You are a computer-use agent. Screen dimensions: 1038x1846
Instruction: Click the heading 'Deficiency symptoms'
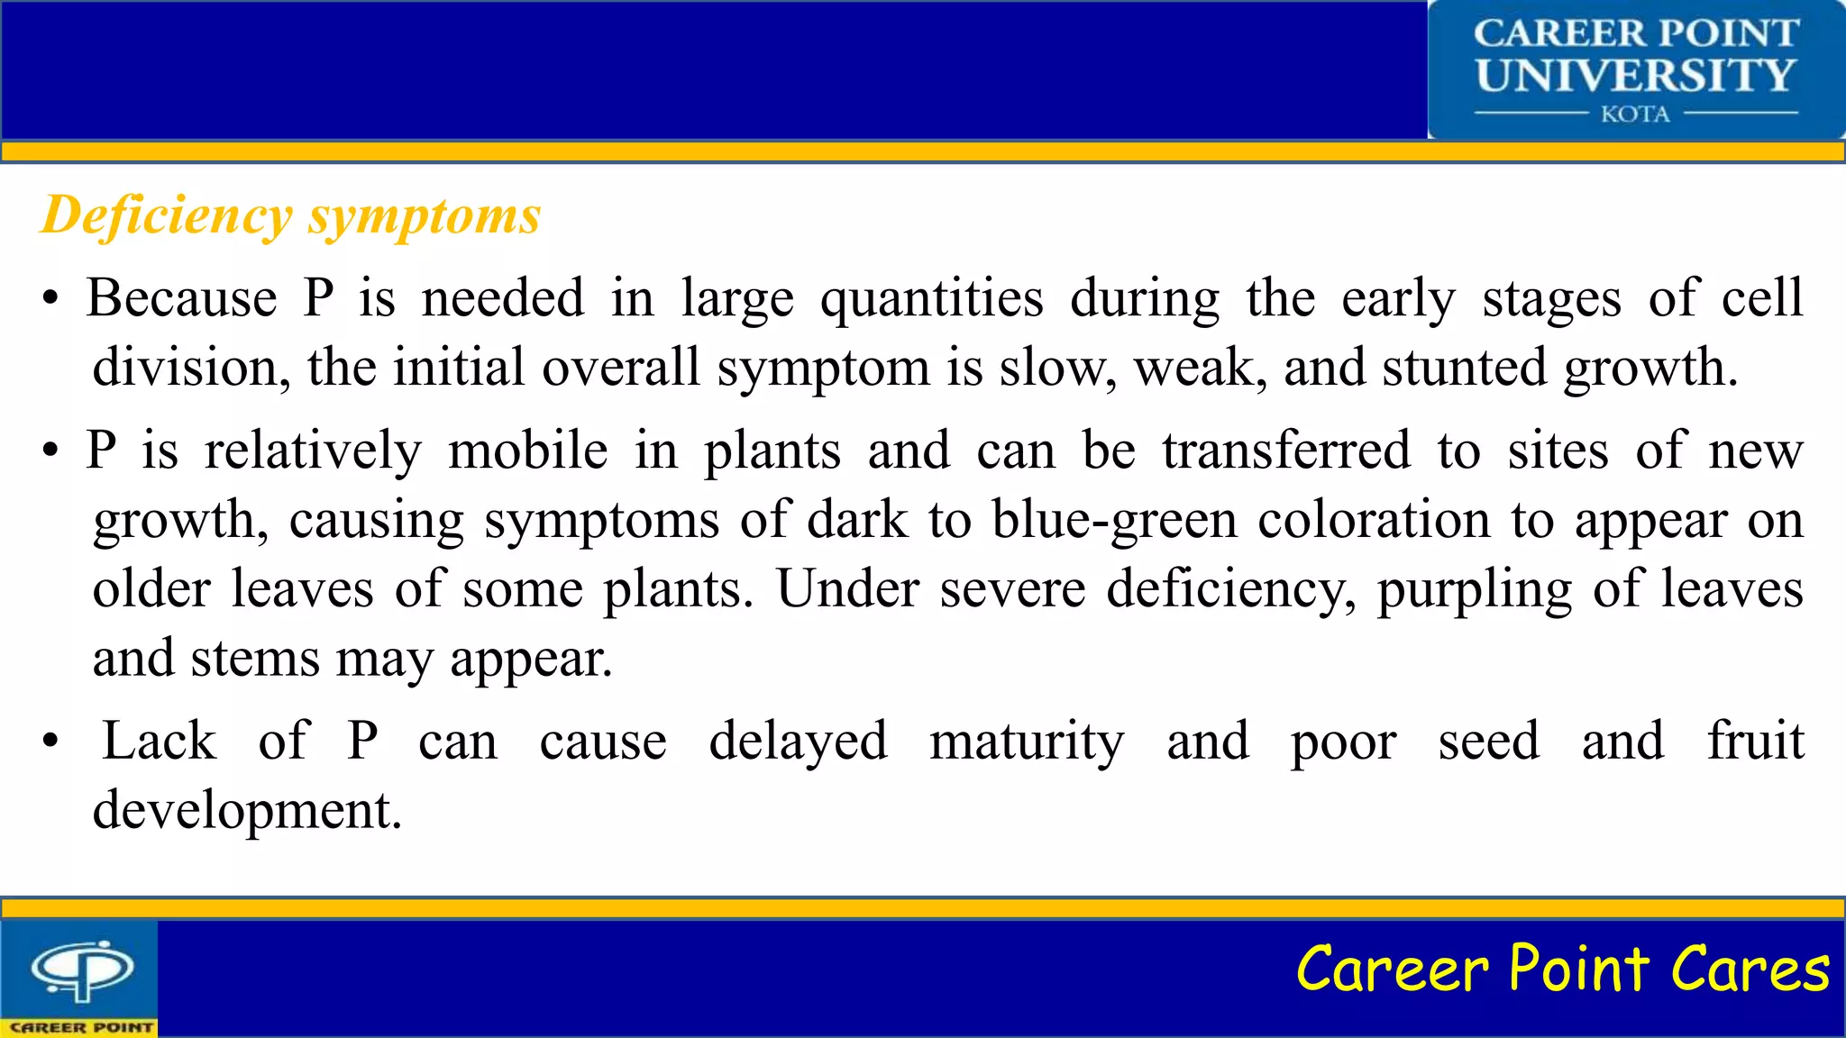coord(290,216)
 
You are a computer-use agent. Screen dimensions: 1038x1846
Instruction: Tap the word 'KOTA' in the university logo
coord(1635,114)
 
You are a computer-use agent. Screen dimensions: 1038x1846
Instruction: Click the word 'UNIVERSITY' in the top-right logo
coord(1635,75)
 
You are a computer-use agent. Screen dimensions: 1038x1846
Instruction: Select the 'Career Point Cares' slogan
coord(1562,970)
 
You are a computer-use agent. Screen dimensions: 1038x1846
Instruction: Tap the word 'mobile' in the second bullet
coord(528,451)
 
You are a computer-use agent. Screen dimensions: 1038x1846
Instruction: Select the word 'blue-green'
coord(1115,521)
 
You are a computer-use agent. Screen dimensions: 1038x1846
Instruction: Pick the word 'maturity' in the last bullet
coord(1027,742)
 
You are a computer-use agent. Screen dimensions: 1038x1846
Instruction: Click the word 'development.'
coord(247,811)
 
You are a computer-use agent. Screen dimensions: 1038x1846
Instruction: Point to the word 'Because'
coord(182,298)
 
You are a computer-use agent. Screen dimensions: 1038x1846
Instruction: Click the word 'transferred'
coord(1286,451)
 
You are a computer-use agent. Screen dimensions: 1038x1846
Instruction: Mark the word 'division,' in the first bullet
coord(191,369)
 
